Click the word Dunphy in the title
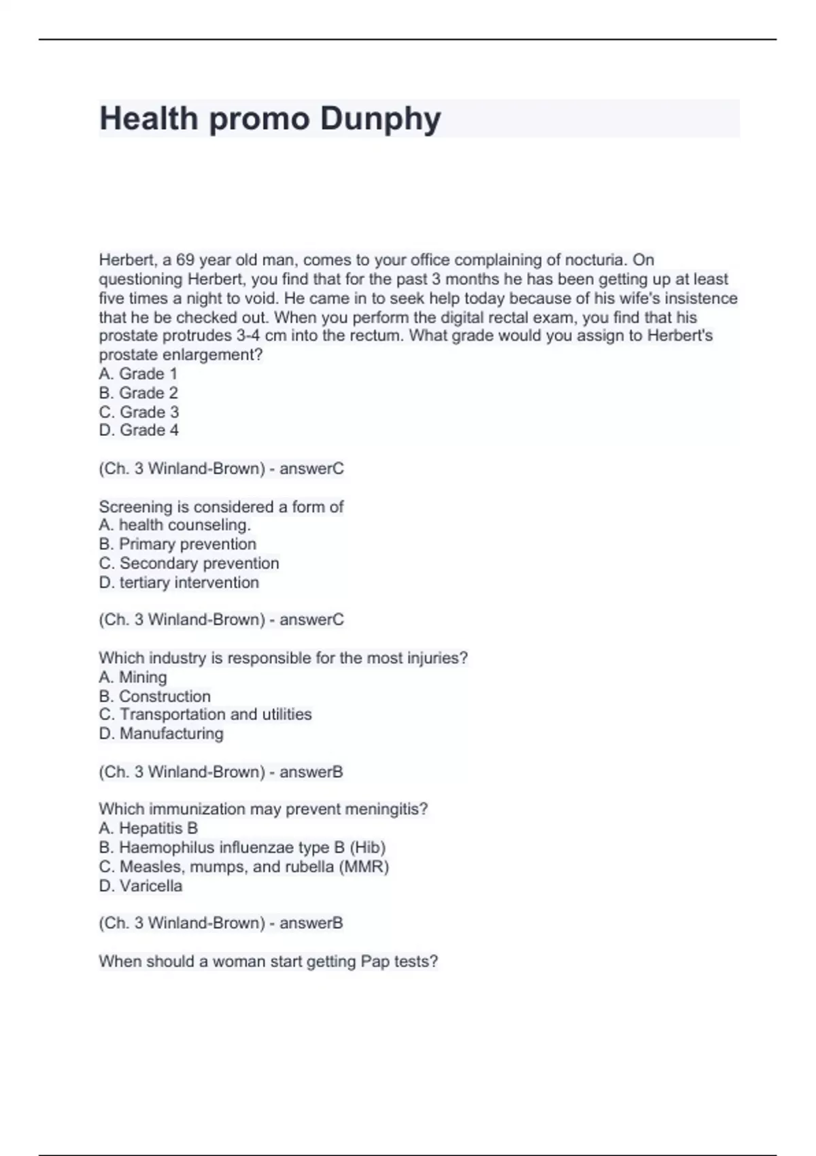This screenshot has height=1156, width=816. (380, 120)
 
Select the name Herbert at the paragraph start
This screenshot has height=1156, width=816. (126, 260)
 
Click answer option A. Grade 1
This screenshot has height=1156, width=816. (138, 374)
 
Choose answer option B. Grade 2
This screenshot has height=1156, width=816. (138, 393)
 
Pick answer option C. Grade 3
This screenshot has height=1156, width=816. (139, 412)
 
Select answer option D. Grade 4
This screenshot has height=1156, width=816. (139, 430)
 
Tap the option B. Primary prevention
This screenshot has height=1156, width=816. (177, 544)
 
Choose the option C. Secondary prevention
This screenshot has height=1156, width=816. (189, 563)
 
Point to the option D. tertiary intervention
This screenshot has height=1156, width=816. (179, 582)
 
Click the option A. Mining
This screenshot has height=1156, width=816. (133, 677)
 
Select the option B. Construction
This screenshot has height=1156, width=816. (154, 696)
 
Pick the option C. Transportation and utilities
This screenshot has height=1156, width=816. (205, 715)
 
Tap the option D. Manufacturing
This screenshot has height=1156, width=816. (161, 734)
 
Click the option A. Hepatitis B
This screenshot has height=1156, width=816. (148, 828)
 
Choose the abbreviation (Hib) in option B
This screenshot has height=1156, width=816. (367, 847)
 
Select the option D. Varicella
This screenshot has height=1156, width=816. (141, 886)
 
